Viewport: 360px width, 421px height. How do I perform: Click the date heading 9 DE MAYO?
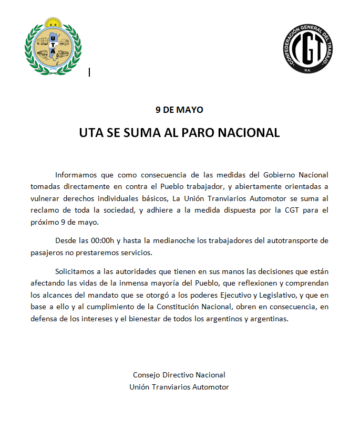click(179, 110)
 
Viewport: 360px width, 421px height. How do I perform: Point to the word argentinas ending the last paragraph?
click(271, 319)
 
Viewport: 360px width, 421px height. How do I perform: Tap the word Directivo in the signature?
click(178, 375)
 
